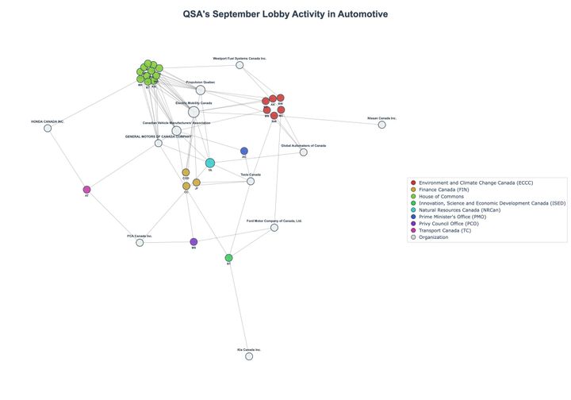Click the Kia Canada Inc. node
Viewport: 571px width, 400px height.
pyautogui.click(x=249, y=356)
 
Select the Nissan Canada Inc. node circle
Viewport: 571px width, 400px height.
pyautogui.click(x=381, y=125)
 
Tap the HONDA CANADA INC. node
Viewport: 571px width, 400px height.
pyautogui.click(x=48, y=128)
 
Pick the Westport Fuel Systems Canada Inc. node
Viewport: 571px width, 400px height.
pyautogui.click(x=240, y=65)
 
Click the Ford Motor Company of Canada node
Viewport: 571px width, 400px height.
pyautogui.click(x=274, y=228)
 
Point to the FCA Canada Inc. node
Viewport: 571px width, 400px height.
pyautogui.click(x=140, y=242)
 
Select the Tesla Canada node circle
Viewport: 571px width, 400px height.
pyautogui.click(x=251, y=181)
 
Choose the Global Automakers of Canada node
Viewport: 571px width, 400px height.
pyautogui.click(x=303, y=152)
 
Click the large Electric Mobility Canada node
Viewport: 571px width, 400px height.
pyautogui.click(x=194, y=112)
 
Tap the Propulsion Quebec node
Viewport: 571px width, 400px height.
pyautogui.click(x=201, y=90)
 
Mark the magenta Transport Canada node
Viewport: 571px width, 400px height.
pyautogui.click(x=86, y=190)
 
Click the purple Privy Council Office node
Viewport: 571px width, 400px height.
pyautogui.click(x=194, y=242)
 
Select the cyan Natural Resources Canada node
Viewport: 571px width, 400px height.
pyautogui.click(x=210, y=163)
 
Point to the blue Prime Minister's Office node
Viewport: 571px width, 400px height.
pyautogui.click(x=244, y=151)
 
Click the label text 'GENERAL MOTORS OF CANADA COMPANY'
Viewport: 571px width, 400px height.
pyautogui.click(x=159, y=137)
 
